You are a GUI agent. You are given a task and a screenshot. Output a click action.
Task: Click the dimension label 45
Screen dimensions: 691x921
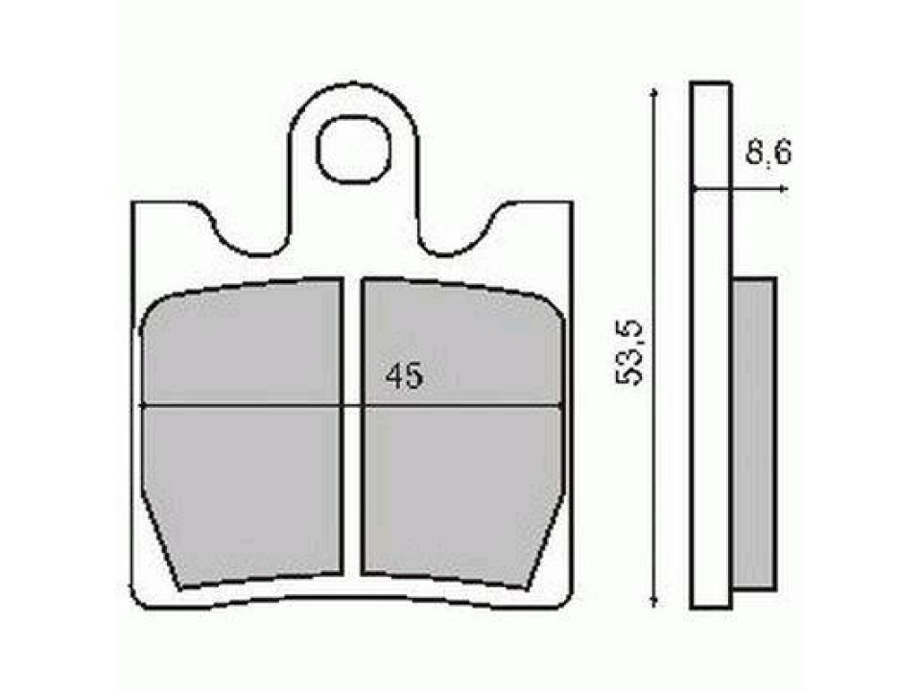click(x=404, y=377)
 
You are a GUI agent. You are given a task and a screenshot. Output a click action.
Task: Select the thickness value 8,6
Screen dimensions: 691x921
click(x=767, y=154)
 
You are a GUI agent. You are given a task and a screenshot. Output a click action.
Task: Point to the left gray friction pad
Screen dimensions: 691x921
click(x=242, y=432)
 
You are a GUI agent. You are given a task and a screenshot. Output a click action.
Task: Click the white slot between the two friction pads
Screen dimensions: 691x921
click(x=352, y=432)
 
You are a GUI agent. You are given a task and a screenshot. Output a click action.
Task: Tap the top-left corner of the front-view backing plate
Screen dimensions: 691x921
click(x=133, y=203)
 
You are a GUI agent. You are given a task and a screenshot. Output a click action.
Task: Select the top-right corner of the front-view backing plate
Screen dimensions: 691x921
click(x=572, y=203)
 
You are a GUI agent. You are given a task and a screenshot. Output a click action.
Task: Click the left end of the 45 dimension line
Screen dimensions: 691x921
click(x=143, y=405)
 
